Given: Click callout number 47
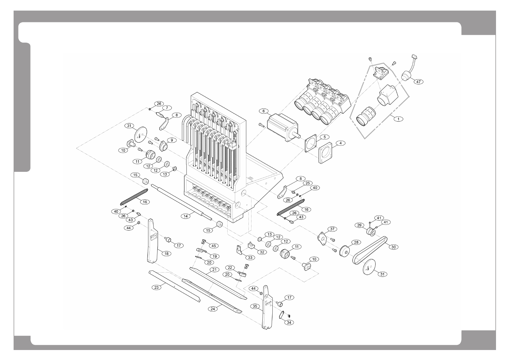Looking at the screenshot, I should click(x=419, y=82).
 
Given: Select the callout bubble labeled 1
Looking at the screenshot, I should click(x=398, y=119).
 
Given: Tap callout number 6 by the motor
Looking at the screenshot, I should click(x=264, y=111).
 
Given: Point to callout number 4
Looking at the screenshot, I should click(x=340, y=143).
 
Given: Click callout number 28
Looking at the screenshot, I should click(x=356, y=242).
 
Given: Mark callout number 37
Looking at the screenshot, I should click(x=332, y=229).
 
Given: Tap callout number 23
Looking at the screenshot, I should click(x=157, y=287).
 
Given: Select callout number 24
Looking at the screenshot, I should click(x=213, y=309).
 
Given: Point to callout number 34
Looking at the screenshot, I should click(x=289, y=322).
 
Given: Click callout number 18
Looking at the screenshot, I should click(x=167, y=254).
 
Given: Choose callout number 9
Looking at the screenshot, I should click(x=172, y=140).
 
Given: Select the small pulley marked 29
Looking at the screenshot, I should click(x=370, y=233).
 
